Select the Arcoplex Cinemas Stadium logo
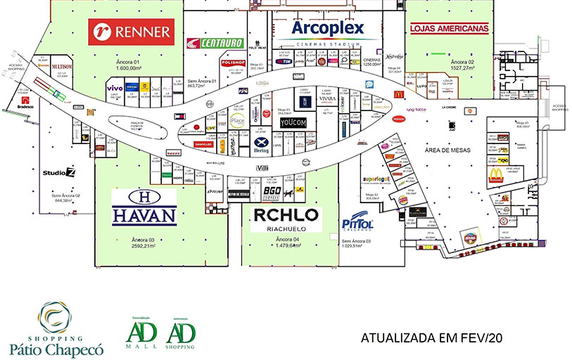click(x=327, y=31)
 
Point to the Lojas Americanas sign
click(x=449, y=29)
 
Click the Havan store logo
click(x=144, y=207)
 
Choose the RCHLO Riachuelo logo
click(x=286, y=219)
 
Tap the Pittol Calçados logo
click(x=357, y=224)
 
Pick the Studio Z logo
click(x=58, y=172)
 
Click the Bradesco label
click(x=25, y=107)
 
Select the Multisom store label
click(x=63, y=67)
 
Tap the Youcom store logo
click(x=294, y=122)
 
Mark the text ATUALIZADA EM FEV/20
click(x=432, y=337)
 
